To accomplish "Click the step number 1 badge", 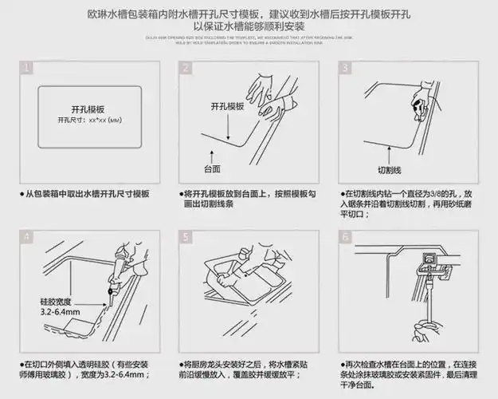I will pos(28,68).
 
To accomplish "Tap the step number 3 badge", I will pos(345,68).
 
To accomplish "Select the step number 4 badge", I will pos(28,237).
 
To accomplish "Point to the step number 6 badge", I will pos(345,237).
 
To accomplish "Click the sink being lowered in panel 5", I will pos(239,283).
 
